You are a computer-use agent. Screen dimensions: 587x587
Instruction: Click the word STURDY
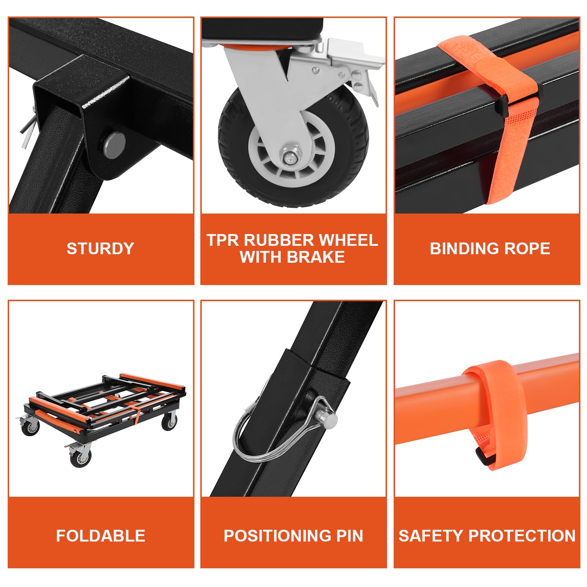[x=100, y=248]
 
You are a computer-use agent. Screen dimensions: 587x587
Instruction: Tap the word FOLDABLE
[x=101, y=536]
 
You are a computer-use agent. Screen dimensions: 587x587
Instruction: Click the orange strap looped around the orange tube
[x=495, y=407]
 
